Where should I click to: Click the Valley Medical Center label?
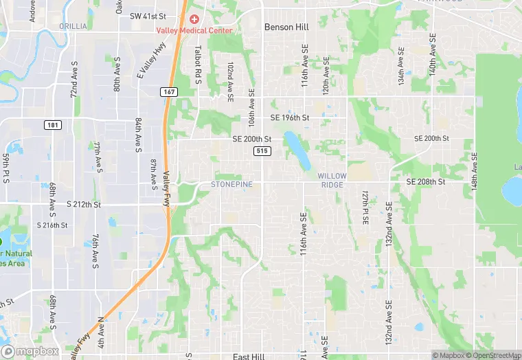[194, 30]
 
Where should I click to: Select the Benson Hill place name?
[286, 27]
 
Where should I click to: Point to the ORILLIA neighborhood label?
[73, 26]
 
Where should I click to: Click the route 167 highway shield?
[168, 91]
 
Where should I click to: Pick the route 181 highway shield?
[53, 124]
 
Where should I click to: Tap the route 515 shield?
[261, 150]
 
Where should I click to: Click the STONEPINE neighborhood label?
[231, 184]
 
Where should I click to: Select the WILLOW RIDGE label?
[333, 181]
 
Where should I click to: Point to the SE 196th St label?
[290, 117]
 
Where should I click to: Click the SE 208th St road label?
[426, 182]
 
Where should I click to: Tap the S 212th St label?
[84, 204]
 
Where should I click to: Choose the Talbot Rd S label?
[197, 65]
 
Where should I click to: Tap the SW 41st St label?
[148, 15]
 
